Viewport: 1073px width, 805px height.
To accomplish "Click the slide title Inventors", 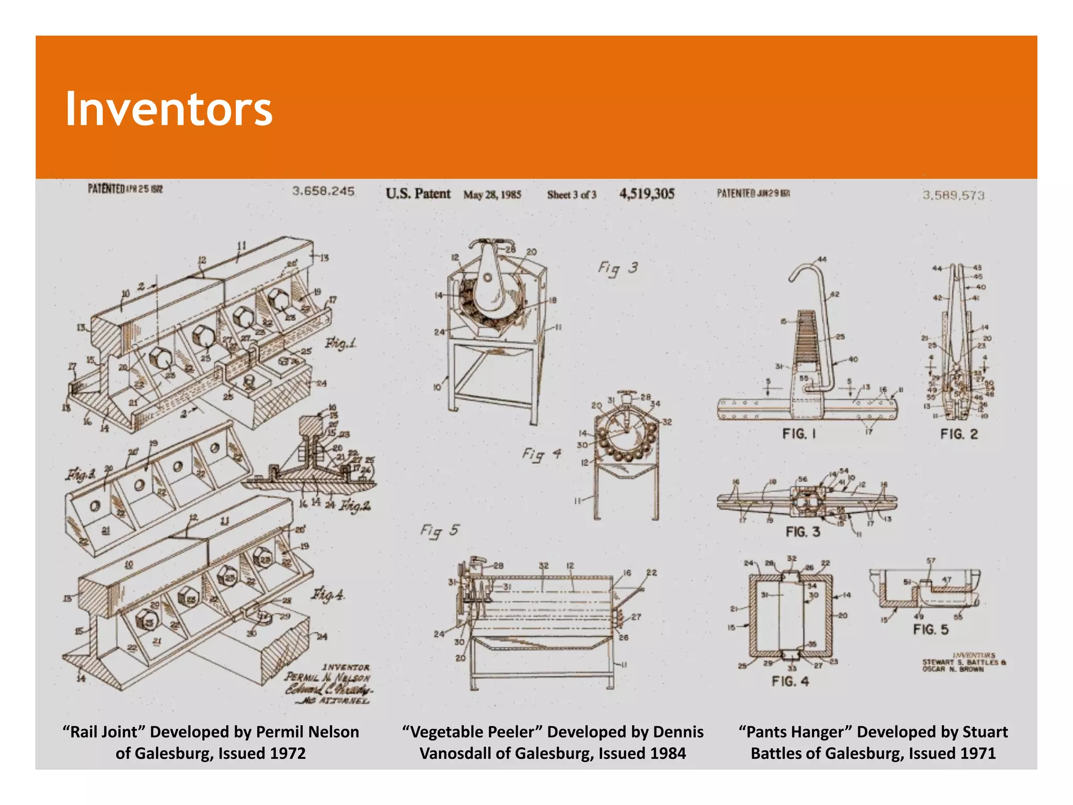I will tap(168, 109).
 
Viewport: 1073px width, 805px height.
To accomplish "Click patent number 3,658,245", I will tap(323, 191).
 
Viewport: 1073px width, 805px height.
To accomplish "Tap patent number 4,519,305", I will tap(647, 194).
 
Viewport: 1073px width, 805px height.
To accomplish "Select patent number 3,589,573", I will tap(953, 195).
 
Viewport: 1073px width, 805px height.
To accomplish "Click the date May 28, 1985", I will tap(492, 195).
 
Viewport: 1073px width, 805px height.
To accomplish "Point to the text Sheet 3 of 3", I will tap(572, 195).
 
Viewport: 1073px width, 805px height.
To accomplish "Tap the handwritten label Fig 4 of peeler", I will tap(541, 454).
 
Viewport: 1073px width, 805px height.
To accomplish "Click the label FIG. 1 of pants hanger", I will tap(798, 434).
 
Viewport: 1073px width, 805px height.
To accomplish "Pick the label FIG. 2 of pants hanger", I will tap(958, 434).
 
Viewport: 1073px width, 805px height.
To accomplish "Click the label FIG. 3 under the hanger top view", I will tap(802, 532).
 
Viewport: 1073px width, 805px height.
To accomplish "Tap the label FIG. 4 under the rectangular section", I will tap(790, 681).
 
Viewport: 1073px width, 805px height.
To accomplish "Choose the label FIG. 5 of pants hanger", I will tap(930, 629).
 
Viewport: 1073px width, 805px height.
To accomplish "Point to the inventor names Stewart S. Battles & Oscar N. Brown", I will tap(963, 666).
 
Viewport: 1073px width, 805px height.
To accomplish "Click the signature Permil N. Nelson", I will tap(327, 678).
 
